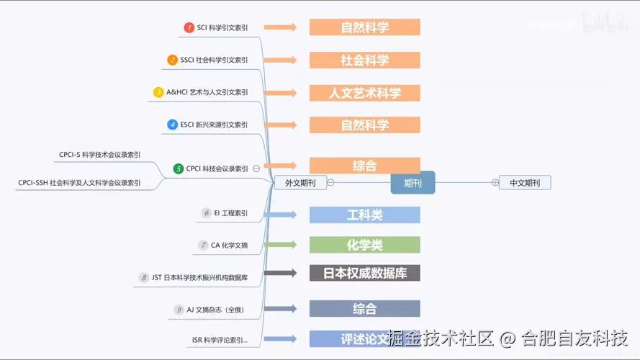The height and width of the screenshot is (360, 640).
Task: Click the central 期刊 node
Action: [413, 183]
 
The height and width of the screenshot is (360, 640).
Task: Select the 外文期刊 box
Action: [300, 183]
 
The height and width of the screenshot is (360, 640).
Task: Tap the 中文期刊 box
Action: [525, 183]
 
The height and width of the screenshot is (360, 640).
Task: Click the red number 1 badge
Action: [189, 27]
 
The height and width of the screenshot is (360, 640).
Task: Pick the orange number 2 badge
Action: [172, 60]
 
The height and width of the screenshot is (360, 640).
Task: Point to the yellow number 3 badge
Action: [158, 92]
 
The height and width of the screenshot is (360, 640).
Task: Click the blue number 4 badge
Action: [172, 125]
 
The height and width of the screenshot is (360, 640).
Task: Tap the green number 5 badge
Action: [179, 168]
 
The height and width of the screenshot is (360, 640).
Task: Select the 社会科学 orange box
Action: [364, 60]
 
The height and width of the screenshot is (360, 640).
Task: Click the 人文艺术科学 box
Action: [364, 93]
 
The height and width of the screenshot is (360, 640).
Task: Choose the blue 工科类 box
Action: [364, 215]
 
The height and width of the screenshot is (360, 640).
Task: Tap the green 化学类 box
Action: [364, 245]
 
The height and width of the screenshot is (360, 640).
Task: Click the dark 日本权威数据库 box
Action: [364, 274]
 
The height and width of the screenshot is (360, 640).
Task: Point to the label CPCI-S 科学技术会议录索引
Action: [99, 154]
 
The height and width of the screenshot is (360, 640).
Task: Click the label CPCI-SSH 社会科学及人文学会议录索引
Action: [79, 183]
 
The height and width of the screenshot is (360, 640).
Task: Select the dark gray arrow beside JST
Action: [280, 274]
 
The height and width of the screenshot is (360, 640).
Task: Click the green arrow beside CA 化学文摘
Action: [280, 245]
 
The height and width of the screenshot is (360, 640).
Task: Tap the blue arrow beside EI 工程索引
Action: [280, 215]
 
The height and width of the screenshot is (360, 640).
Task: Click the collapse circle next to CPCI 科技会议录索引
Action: [256, 168]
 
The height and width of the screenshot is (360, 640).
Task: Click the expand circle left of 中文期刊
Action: [495, 183]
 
